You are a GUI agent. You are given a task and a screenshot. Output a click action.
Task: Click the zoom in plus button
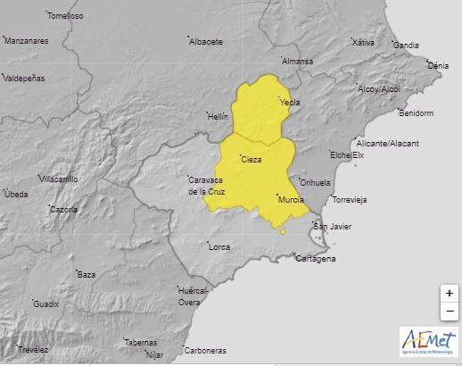[449, 293]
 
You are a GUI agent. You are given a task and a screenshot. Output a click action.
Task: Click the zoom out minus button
[449, 311]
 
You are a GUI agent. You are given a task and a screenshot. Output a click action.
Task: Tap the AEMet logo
[429, 342]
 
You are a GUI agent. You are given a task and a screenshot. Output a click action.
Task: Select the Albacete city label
[206, 41]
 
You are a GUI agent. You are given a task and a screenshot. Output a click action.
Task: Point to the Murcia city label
[291, 199]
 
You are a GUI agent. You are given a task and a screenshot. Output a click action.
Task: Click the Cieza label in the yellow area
[252, 160]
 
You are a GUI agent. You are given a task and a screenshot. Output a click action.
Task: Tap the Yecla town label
[289, 103]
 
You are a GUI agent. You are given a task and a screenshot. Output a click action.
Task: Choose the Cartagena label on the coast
[316, 259]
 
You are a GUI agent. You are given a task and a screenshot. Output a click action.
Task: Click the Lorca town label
[219, 245]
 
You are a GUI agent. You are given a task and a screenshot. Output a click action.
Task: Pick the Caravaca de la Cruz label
[210, 186]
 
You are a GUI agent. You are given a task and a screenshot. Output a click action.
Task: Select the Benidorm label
[416, 113]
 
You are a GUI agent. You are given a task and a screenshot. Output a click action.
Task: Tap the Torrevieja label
[349, 199]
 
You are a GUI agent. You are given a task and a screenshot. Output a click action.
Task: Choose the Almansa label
[298, 61]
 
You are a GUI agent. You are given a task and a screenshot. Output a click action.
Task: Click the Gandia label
[406, 45]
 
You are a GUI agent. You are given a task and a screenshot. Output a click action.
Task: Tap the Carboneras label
[206, 350]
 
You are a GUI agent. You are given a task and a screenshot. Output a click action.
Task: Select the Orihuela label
[315, 182]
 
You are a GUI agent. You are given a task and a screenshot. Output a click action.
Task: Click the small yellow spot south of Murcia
[284, 230]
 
